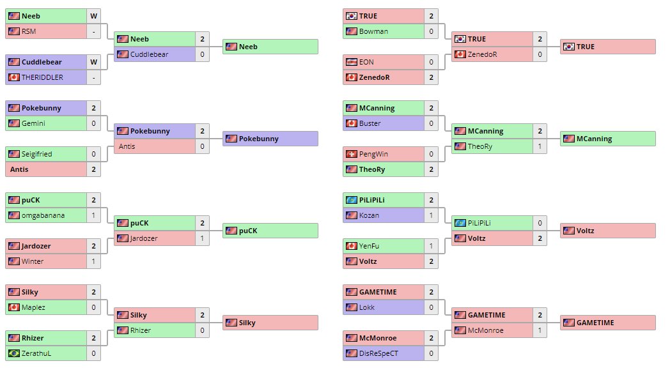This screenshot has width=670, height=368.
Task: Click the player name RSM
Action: (x=29, y=31)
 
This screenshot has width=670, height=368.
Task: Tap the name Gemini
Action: (x=33, y=123)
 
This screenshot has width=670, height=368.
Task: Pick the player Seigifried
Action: (x=37, y=154)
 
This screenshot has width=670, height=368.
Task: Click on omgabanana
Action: (x=43, y=215)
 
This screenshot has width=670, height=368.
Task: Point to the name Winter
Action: (x=33, y=261)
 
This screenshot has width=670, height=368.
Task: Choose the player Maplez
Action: (x=33, y=307)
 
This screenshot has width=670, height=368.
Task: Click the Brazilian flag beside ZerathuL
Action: (x=14, y=353)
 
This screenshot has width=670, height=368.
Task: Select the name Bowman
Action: (x=373, y=31)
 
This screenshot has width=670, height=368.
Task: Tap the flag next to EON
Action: (x=351, y=62)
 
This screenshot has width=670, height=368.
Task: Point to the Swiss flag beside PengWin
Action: (x=351, y=154)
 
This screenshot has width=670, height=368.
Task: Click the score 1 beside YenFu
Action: (x=431, y=246)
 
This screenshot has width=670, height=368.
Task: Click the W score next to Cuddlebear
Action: (x=93, y=62)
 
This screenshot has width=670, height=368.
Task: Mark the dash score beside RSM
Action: (x=93, y=31)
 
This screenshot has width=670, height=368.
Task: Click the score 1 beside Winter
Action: (x=93, y=261)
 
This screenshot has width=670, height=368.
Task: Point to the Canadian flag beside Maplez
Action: (x=14, y=307)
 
